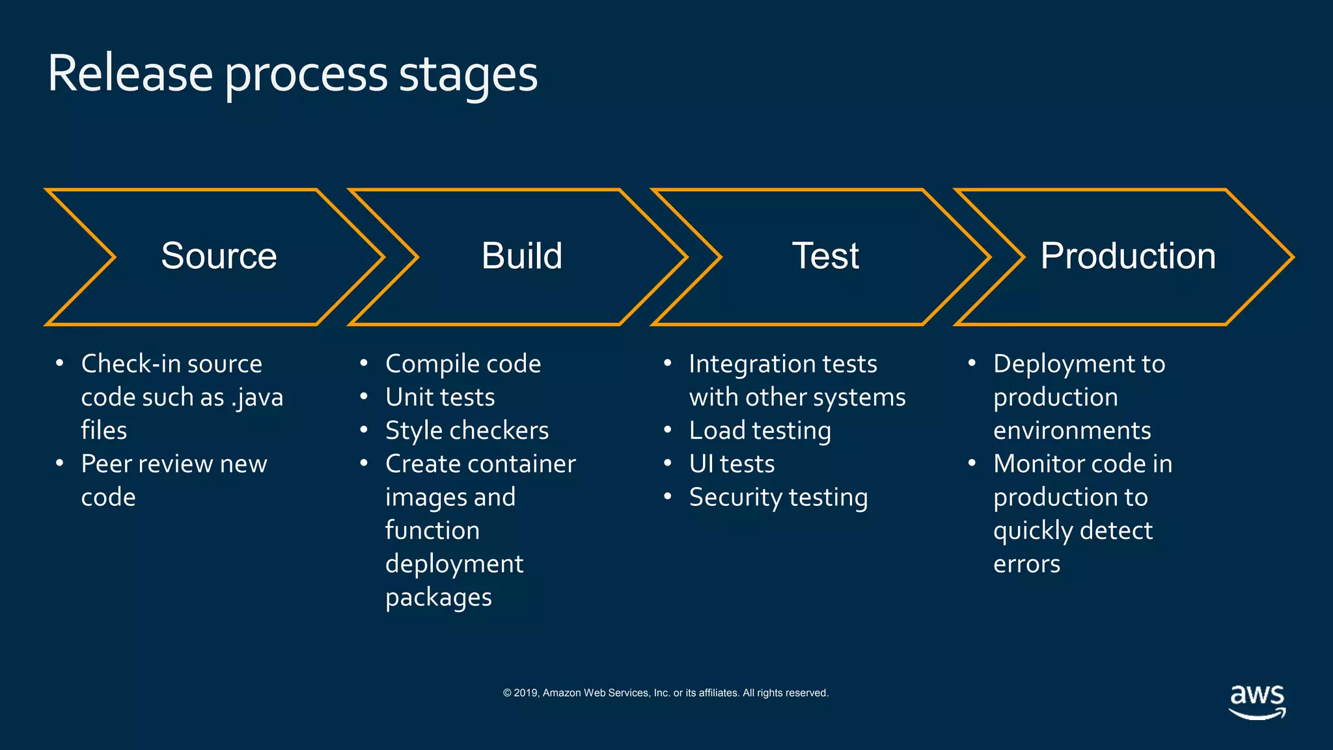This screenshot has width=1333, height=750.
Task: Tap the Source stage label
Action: [x=219, y=256]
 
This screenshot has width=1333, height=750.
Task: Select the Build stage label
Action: [x=521, y=256]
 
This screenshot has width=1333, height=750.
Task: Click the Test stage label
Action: [x=825, y=256]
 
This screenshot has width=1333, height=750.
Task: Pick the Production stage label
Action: [x=1127, y=256]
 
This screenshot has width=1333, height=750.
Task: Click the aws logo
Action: [x=1257, y=701]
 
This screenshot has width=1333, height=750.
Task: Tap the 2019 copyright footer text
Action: [x=665, y=693]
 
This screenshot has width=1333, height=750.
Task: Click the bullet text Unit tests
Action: [x=440, y=397]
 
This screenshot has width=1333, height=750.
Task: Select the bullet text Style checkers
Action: [x=467, y=430]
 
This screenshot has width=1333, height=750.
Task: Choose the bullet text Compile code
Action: [x=463, y=364]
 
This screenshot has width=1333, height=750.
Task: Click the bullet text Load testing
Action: [x=760, y=430]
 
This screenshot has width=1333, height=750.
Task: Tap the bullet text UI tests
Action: [x=732, y=464]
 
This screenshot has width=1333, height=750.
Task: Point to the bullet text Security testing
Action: [x=778, y=497]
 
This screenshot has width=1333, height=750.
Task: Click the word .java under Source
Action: [x=258, y=398]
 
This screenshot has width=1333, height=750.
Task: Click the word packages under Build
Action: [x=438, y=598]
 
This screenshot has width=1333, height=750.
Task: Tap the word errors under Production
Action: [x=1026, y=564]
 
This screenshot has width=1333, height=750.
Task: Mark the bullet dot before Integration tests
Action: [x=667, y=363]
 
